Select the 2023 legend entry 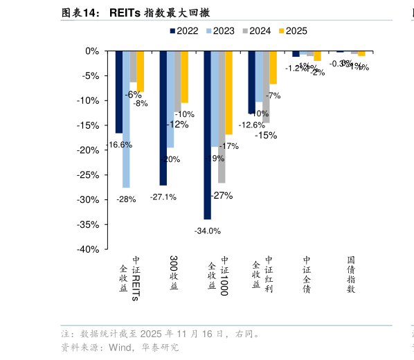220,30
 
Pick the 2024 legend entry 257,30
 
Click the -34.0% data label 207,231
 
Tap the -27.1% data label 163,197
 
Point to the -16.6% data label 118,145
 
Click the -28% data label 126,199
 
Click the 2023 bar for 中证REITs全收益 126,119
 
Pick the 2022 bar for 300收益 163,118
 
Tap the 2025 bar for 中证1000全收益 229,93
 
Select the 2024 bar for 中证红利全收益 266,87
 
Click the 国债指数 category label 351,275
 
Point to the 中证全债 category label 307,275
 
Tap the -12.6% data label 251,125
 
